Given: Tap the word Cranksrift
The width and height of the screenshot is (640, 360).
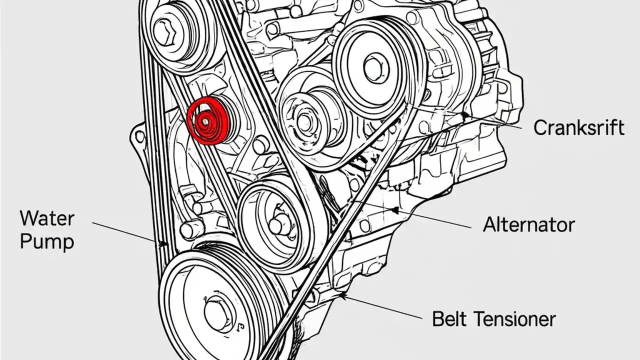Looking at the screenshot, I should (579, 127).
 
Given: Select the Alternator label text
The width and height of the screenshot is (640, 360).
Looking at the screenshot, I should (528, 224).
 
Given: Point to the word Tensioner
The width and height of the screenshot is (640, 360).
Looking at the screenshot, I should (514, 318).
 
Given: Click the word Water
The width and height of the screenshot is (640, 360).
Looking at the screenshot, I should (47, 218).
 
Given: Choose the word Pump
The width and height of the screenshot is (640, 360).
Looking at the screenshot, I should (47, 242).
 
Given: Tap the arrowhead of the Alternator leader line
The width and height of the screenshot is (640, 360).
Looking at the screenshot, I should (395, 208).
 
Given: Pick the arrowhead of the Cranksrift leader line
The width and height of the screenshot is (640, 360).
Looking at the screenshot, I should (465, 115).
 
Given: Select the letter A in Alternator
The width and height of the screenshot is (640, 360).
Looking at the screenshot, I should (490, 224).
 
